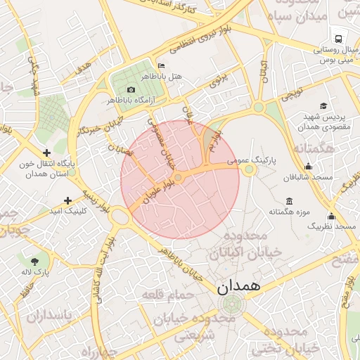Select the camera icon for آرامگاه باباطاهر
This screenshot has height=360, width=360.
point(131,89)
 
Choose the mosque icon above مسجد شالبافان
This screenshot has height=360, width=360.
point(308,167)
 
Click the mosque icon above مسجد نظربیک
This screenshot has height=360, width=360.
point(331,216)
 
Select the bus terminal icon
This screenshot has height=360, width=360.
point(339,39)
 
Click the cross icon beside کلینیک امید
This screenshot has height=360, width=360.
point(67,200)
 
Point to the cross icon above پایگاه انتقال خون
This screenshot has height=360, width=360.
point(46,153)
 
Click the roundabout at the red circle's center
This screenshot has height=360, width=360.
point(179,179)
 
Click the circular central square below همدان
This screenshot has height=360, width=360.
point(229,305)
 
